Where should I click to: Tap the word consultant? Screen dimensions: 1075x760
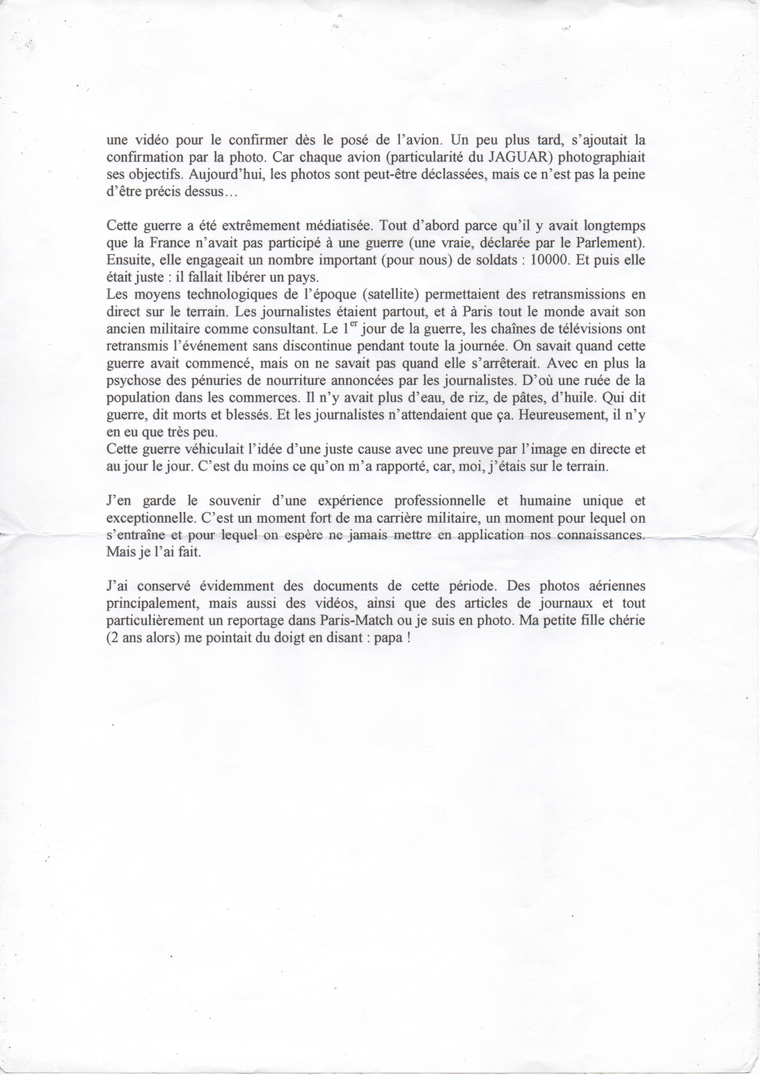coord(278,328)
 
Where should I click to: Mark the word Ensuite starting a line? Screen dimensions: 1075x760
coord(128,260)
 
